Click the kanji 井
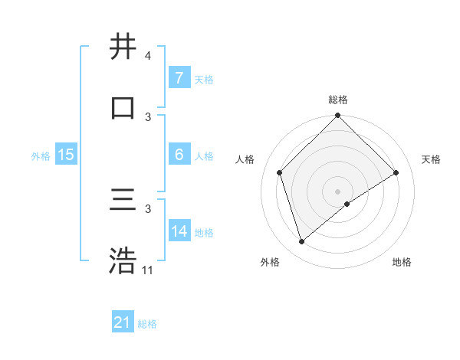coord(123,47)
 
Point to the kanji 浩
coord(123,261)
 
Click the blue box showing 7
coord(179,78)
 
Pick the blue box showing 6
coord(179,155)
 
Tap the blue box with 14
coord(179,231)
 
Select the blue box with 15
coord(65,155)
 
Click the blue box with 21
coord(123,322)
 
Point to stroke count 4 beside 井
coord(147,56)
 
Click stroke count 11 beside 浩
coord(148,270)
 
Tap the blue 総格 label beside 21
coord(147,324)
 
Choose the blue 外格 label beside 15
coord(41,155)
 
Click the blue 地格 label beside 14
coord(204,232)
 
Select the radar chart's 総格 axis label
coord(338,100)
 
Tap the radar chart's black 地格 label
coord(402,262)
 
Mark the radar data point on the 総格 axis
coord(337,117)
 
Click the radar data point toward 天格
coord(396,173)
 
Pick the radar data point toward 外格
coord(302,242)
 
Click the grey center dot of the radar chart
coord(337,191)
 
